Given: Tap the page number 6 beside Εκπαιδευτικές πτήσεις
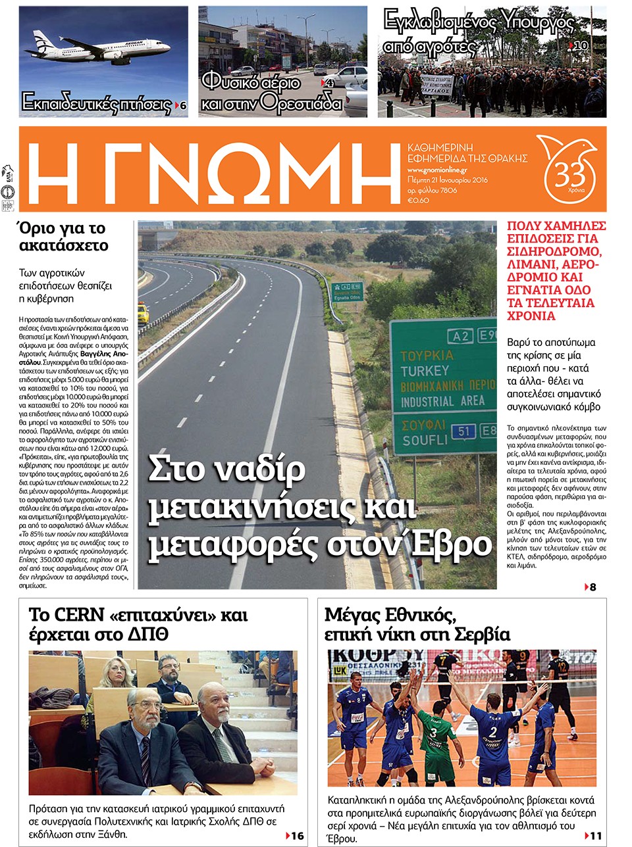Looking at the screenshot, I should coord(183,106).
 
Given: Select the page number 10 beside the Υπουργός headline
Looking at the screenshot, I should coord(581,45).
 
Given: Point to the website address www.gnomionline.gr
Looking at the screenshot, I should coord(437,170).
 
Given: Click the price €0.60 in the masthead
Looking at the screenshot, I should coord(418,201).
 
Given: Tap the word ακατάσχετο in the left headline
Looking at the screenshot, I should coord(64,246).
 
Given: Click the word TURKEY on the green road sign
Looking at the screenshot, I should coord(425,371).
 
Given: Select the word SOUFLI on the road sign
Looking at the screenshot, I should coord(425,440).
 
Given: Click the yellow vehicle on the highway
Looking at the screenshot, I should coord(143,312).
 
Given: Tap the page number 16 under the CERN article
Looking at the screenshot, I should coord(298,836).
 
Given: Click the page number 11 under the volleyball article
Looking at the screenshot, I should coord(595,836).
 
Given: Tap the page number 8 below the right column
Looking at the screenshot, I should coord(592,587).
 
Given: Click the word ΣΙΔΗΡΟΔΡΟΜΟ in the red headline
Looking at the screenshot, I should coord(554,251).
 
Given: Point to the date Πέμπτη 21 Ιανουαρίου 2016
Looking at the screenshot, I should coord(447,180).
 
